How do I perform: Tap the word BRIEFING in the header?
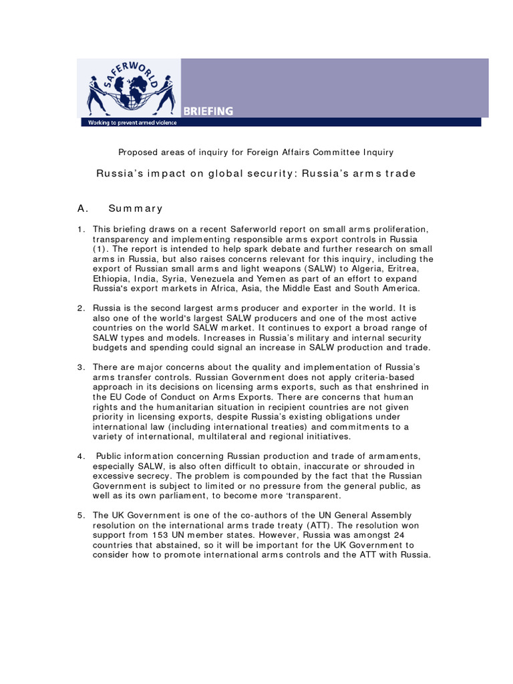[208, 112]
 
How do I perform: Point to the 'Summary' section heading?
[136, 208]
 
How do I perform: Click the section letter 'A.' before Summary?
[83, 208]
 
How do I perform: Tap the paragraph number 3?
[80, 367]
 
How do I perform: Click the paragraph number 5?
[80, 515]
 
